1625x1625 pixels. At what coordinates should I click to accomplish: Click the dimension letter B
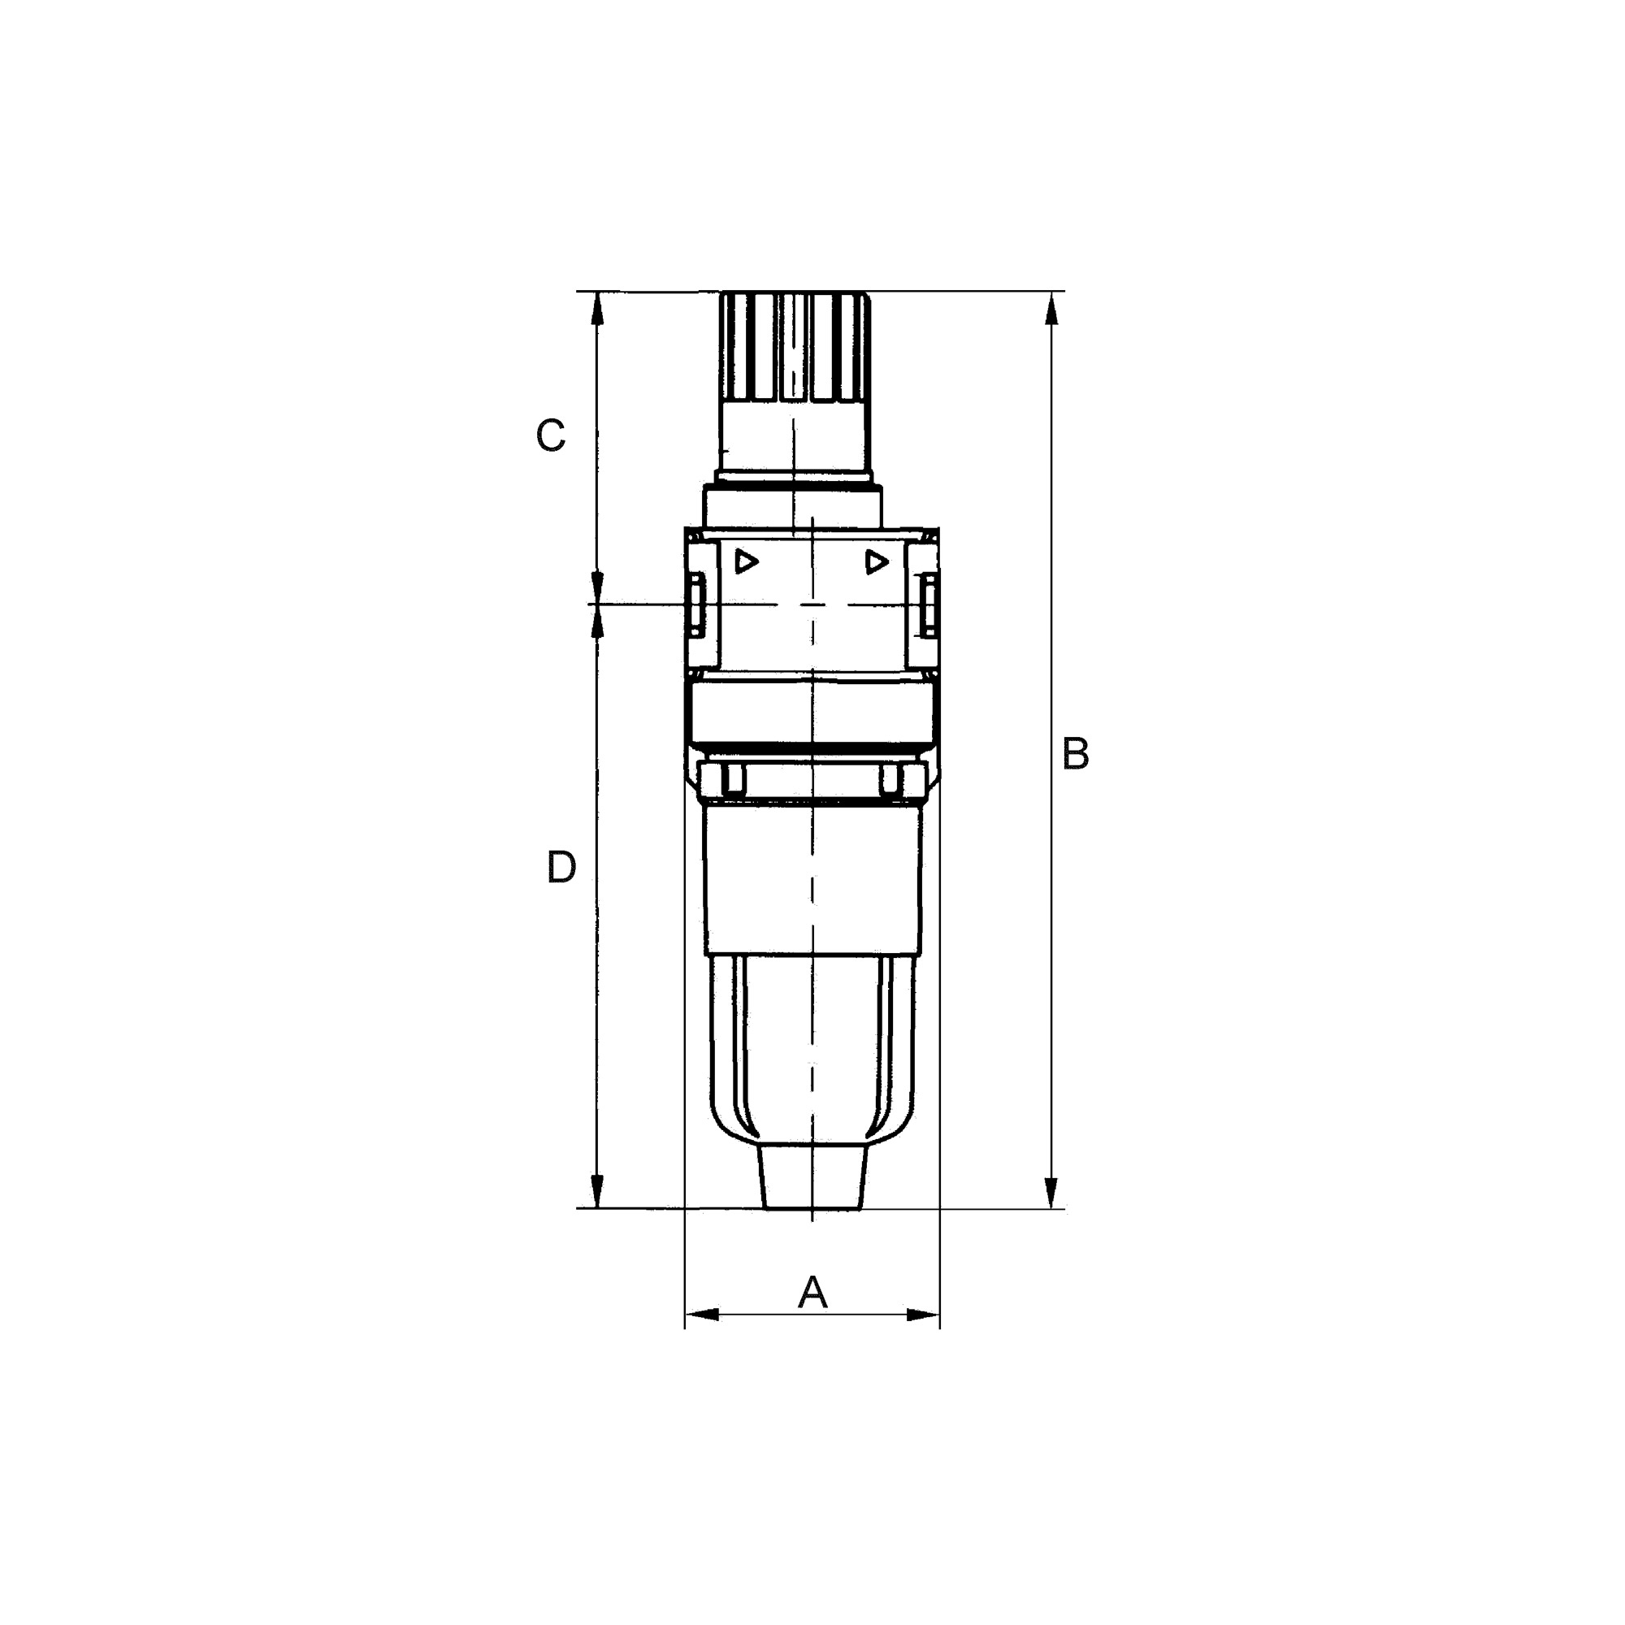pos(1075,754)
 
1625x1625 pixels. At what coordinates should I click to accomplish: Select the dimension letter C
pos(550,435)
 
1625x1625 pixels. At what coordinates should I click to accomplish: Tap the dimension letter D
pos(561,867)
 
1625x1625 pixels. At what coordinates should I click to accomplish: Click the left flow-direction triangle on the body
pos(745,561)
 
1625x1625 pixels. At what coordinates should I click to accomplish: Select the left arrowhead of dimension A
pos(702,1314)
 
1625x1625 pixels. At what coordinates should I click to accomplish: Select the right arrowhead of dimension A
pos(923,1314)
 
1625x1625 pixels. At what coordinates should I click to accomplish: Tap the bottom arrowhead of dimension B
pos(1051,1193)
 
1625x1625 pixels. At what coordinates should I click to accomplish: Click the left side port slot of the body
pos(695,604)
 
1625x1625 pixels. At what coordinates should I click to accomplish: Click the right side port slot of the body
pos(929,604)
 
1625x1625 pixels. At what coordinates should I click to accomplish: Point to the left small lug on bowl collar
pos(733,780)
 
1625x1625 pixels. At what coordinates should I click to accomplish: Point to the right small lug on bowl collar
pos(890,780)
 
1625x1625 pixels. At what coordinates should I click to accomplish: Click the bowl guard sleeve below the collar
pos(812,879)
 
